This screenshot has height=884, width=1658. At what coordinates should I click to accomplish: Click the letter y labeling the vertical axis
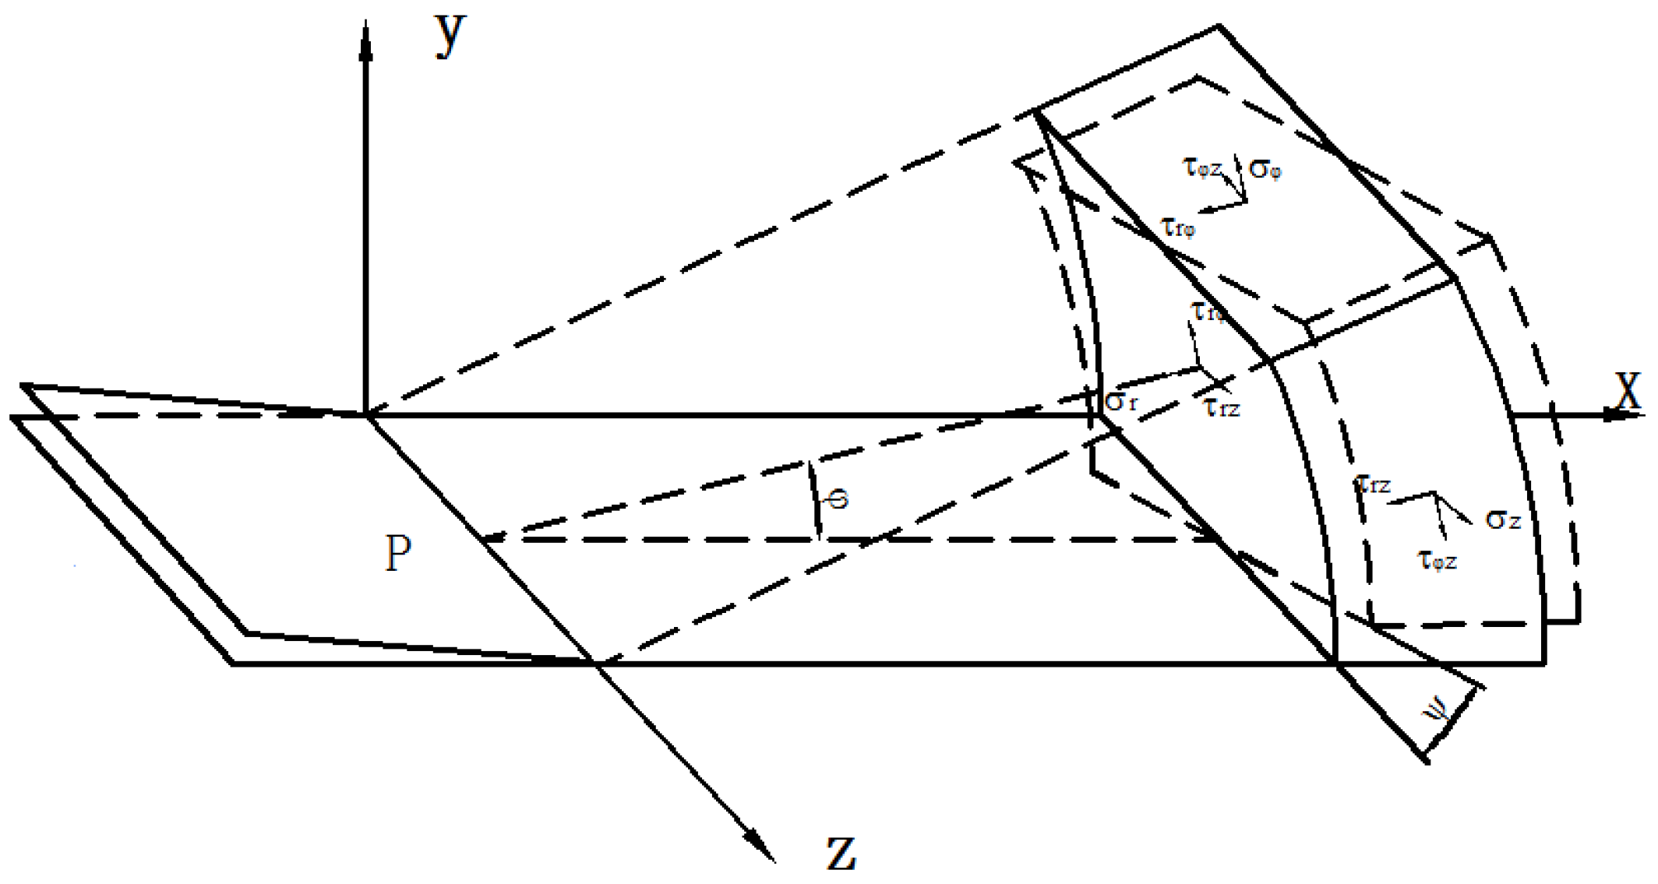[x=450, y=35]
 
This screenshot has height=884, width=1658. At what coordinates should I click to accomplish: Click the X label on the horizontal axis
[x=1627, y=391]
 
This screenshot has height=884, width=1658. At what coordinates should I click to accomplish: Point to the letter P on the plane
[x=398, y=554]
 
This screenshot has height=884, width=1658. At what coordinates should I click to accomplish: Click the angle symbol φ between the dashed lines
[x=838, y=498]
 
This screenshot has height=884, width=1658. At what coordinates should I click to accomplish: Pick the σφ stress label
[x=1265, y=170]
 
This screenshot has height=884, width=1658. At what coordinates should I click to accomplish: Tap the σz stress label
[x=1503, y=519]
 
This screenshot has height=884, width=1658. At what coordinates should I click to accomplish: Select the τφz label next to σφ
[x=1202, y=167]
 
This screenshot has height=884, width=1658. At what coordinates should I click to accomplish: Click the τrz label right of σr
[x=1221, y=407]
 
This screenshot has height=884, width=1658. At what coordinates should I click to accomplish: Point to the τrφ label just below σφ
[x=1178, y=228]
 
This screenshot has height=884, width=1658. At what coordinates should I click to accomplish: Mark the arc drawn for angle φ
[x=813, y=498]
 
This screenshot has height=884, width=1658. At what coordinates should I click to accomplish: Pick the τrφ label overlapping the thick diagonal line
[x=1208, y=312]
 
